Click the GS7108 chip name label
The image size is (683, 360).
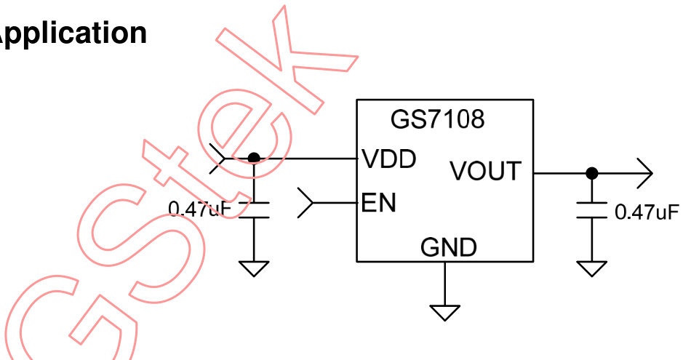(x=437, y=119)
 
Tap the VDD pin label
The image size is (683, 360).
(x=388, y=159)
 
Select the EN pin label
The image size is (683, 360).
(x=378, y=203)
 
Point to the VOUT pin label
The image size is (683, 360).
(x=485, y=171)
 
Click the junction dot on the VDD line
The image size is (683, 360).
(x=253, y=158)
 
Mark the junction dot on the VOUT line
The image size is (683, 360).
(x=592, y=173)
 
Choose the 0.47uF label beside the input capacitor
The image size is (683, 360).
(x=199, y=209)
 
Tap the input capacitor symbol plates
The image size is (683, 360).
(x=254, y=211)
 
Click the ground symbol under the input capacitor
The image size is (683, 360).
(x=254, y=269)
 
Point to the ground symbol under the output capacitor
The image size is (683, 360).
(x=592, y=269)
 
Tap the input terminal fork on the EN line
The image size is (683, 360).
(x=306, y=202)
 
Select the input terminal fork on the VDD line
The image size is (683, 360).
(x=218, y=159)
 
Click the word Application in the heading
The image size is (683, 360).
(x=72, y=33)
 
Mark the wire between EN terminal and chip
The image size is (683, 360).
(x=335, y=202)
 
